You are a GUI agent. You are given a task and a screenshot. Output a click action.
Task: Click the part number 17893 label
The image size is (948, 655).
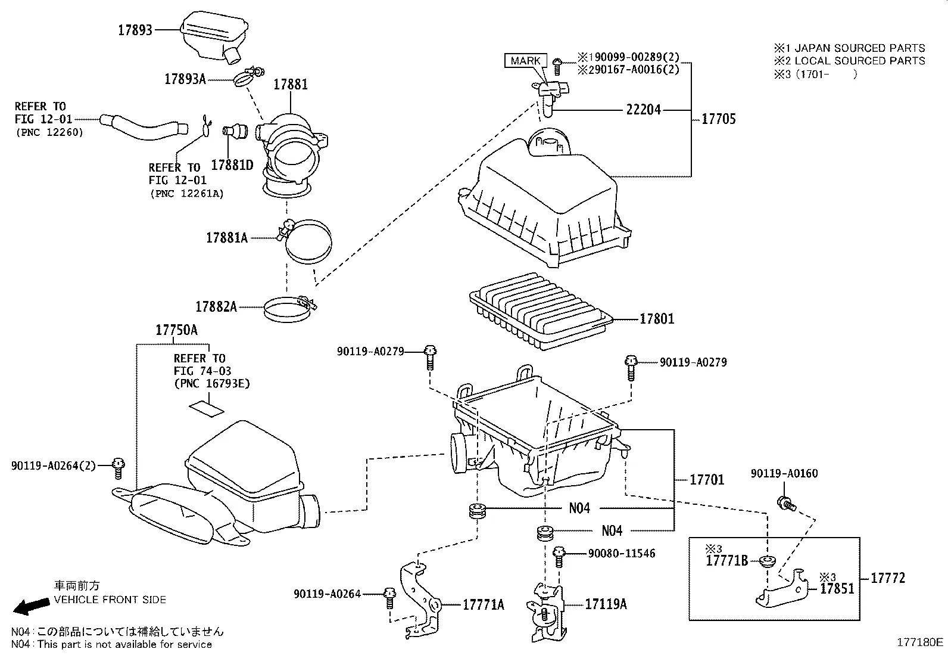[135, 30]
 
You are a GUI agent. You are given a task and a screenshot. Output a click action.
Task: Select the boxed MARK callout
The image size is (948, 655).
[525, 61]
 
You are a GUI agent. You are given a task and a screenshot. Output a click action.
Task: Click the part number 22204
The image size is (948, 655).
[643, 110]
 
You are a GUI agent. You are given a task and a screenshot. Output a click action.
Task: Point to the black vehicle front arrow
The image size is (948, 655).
[32, 606]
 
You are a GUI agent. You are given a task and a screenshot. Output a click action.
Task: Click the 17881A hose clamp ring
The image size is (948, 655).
[307, 240]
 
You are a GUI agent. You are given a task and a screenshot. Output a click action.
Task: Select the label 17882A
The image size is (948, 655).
[216, 307]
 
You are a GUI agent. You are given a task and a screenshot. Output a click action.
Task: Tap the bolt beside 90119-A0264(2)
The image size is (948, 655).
[118, 468]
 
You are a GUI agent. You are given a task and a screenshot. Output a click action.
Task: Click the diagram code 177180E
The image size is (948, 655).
[920, 642]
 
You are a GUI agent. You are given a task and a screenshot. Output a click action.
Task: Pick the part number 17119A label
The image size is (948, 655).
[606, 604]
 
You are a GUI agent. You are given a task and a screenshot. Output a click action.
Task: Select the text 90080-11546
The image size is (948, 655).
[621, 554]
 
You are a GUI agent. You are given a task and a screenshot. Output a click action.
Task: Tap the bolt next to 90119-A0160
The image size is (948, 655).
[786, 504]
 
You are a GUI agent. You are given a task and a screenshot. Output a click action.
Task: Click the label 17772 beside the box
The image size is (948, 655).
[887, 578]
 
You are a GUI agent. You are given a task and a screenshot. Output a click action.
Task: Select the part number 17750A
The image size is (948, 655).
[176, 330]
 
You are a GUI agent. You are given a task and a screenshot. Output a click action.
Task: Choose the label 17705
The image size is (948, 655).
[719, 119]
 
